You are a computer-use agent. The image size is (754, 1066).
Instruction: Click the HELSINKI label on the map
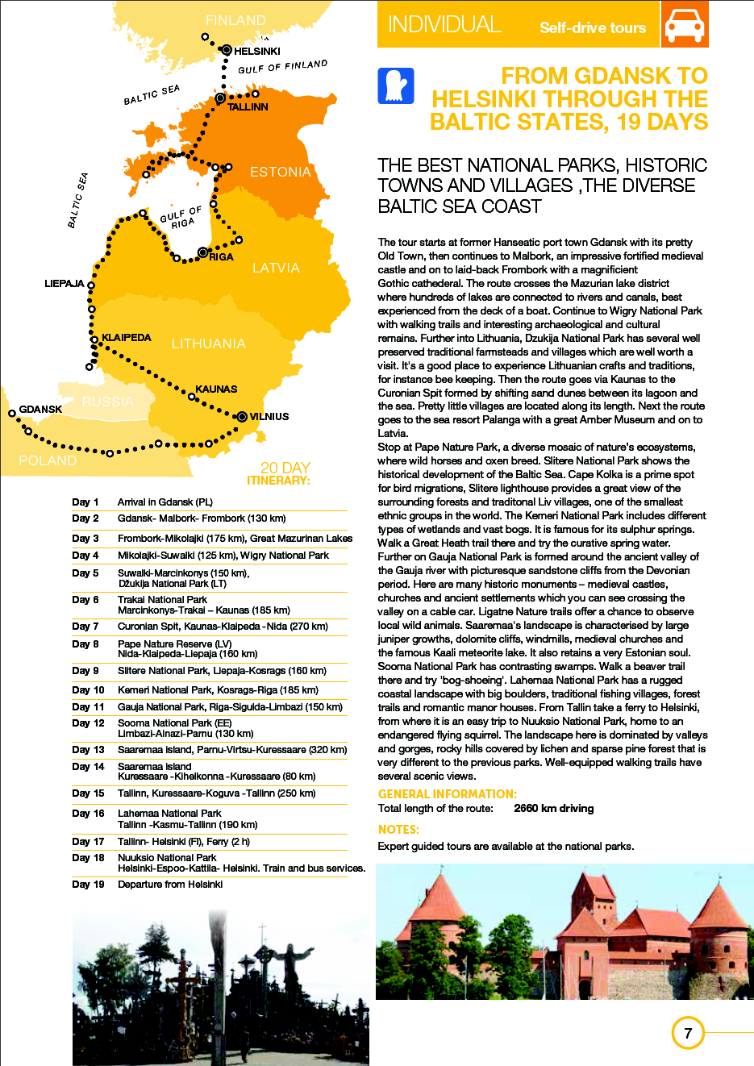tap(256, 52)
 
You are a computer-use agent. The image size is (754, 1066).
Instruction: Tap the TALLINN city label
tap(248, 107)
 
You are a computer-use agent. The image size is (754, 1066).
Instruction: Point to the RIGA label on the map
tap(221, 257)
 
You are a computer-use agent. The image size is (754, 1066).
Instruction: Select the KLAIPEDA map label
tap(127, 338)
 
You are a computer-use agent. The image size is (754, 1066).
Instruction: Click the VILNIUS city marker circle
tap(242, 417)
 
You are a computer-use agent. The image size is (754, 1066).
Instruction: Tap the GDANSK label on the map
tap(40, 410)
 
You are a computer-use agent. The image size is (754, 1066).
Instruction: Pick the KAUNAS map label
tap(216, 389)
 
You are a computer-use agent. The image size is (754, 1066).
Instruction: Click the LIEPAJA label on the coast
tap(65, 284)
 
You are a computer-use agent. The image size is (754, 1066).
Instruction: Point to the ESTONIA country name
tap(280, 173)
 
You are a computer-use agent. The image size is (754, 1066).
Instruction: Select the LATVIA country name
tap(276, 269)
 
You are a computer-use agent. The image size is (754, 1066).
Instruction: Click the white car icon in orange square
tap(684, 25)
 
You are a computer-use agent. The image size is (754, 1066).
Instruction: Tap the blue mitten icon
tap(396, 86)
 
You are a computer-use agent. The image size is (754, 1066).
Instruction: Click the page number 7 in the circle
tap(688, 1033)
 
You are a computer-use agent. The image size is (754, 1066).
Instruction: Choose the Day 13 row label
tap(88, 750)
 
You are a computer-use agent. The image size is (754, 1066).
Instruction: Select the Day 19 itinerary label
tap(88, 885)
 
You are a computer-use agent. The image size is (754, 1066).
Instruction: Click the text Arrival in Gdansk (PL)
tap(165, 502)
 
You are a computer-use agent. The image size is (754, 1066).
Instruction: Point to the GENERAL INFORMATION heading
tap(448, 794)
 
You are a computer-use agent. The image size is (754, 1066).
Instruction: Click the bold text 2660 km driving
tap(553, 809)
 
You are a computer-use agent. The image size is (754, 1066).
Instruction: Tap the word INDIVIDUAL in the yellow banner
tap(444, 25)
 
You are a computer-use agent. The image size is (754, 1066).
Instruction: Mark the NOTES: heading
tap(398, 830)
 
